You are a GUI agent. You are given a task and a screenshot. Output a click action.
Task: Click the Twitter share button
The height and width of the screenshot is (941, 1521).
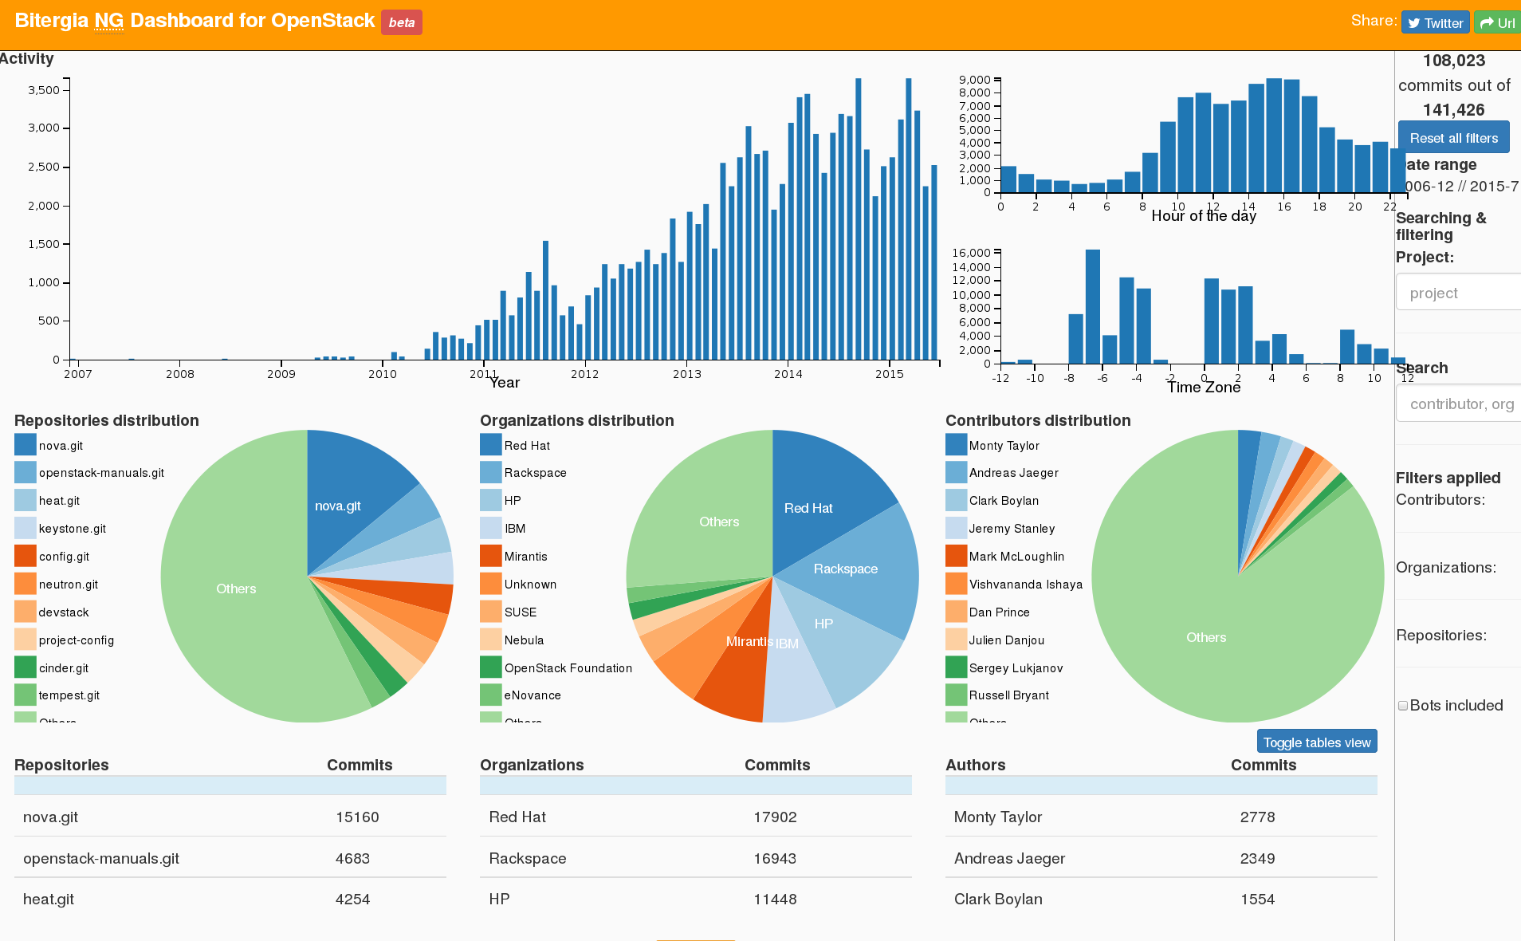[1435, 23]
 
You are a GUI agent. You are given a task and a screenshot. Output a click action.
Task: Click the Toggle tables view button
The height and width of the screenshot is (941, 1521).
[1316, 742]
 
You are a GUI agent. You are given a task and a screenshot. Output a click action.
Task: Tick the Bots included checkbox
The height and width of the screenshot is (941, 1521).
[1403, 706]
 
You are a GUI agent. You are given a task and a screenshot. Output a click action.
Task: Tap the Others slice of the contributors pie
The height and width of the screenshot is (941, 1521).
[1205, 637]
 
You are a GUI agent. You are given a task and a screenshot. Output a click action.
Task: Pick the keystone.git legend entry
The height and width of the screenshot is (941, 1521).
[72, 529]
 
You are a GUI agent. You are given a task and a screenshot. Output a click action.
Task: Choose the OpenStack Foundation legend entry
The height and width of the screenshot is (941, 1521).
[568, 668]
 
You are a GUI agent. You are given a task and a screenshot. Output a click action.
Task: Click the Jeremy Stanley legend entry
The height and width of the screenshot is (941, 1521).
[1011, 529]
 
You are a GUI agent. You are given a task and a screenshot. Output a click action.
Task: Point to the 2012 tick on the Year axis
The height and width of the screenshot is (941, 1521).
[584, 374]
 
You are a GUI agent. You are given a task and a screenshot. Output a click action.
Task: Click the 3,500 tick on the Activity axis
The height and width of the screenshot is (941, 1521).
[44, 90]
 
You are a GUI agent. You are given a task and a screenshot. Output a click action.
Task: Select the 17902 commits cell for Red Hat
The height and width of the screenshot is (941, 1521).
[775, 817]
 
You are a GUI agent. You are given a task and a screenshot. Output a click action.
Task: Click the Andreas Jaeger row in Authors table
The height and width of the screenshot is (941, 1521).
[1009, 858]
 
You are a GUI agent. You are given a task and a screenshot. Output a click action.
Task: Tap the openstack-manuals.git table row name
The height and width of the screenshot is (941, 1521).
[101, 858]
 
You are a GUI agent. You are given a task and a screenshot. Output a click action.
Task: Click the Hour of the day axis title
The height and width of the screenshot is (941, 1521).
[1203, 216]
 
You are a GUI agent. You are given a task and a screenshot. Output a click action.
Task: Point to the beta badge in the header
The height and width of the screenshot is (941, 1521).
[402, 22]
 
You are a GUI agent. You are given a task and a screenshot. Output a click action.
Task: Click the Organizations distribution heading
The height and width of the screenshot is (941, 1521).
[576, 420]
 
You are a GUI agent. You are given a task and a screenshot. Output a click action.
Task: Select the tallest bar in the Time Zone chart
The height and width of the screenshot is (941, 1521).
[1092, 306]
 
